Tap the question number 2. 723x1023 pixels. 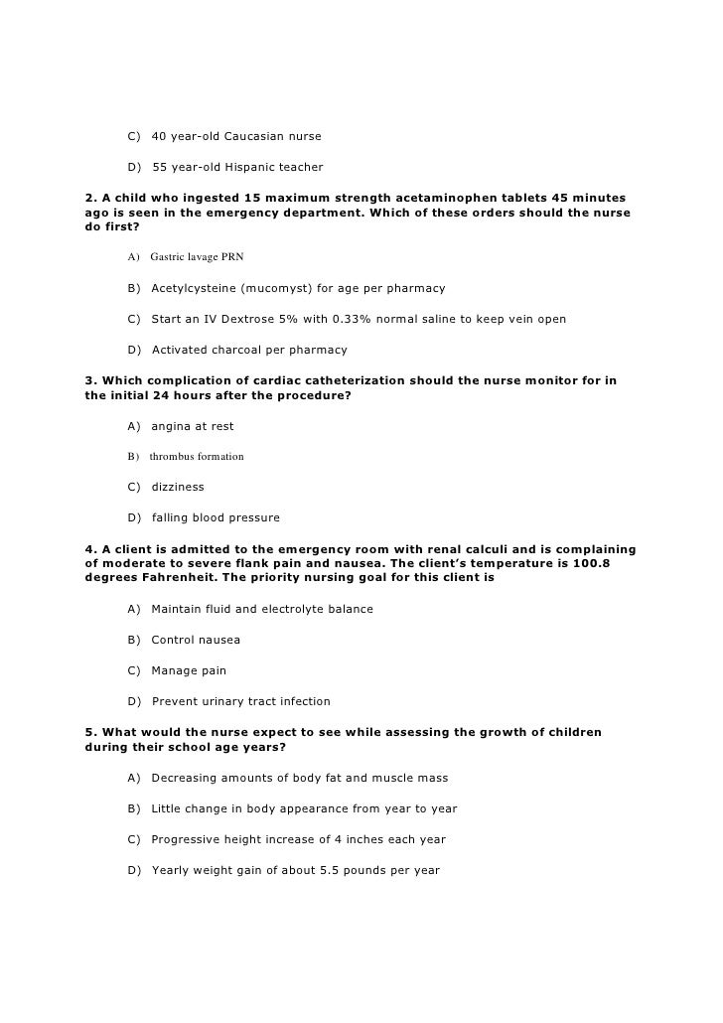91,198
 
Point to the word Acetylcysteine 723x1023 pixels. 195,288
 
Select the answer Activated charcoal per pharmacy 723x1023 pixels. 249,350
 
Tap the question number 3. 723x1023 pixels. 91,380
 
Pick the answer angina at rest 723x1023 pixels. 193,426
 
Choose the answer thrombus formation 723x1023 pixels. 197,457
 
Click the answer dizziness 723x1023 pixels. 178,487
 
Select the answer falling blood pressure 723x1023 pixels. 216,517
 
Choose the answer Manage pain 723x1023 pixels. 189,670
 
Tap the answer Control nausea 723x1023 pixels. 196,640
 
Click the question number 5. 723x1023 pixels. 91,732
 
